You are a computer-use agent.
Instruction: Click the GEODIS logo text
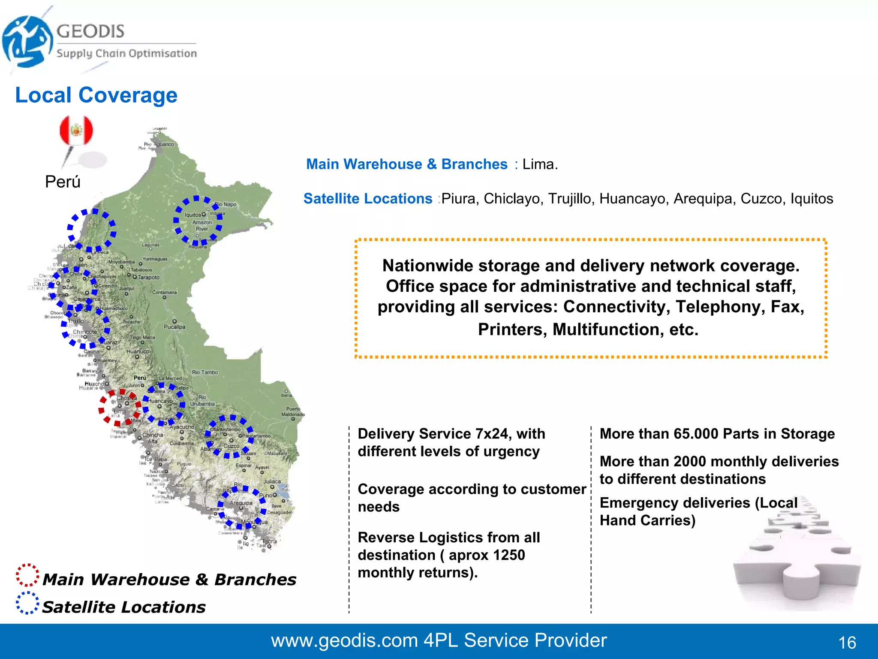(x=90, y=31)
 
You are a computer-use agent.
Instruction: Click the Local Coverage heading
(x=96, y=95)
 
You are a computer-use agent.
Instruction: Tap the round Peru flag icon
(x=76, y=130)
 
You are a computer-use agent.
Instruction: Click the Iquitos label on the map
(x=193, y=215)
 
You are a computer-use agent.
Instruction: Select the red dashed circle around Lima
(x=120, y=408)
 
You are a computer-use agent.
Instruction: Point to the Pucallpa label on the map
(x=174, y=327)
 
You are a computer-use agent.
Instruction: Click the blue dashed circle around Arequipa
(x=241, y=507)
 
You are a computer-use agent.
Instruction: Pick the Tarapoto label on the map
(x=148, y=278)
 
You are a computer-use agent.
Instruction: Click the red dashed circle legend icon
(x=27, y=575)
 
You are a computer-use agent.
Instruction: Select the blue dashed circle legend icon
(x=27, y=603)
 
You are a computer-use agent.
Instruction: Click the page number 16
(x=847, y=643)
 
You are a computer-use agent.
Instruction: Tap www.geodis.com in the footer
(x=344, y=641)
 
